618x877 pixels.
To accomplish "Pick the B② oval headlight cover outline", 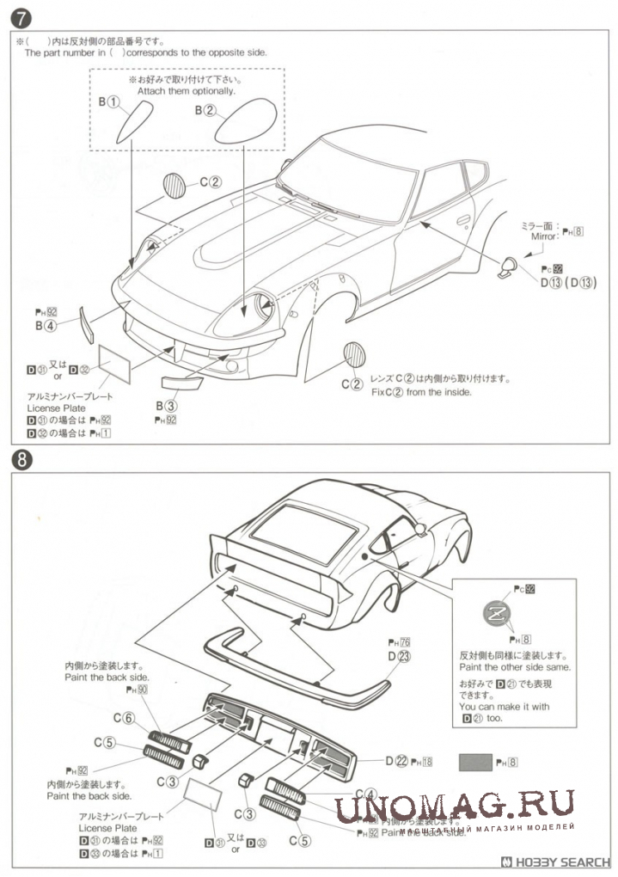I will pos(245,123).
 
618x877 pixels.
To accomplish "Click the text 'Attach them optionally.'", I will pos(186,90).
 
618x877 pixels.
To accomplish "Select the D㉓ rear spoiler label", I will pos(399,656).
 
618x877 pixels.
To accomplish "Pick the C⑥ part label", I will pos(124,719).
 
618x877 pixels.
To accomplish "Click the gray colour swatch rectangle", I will pos(474,761).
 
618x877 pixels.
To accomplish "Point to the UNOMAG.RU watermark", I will pos(455,806).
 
